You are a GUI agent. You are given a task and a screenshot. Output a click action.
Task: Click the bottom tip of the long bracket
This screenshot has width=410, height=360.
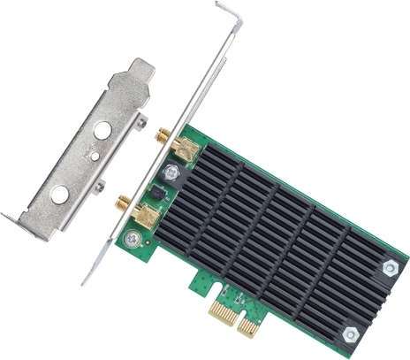point(86,281)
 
